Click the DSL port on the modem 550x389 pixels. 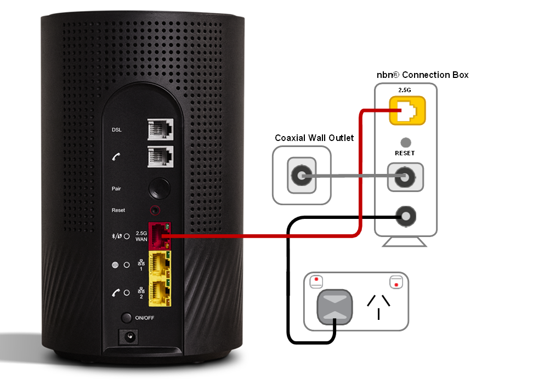(x=160, y=130)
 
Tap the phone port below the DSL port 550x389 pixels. (x=160, y=156)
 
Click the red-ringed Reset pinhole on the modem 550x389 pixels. (x=159, y=210)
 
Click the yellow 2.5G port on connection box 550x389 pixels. (x=407, y=111)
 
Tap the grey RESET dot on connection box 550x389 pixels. (x=406, y=143)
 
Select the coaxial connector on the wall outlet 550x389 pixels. (x=302, y=177)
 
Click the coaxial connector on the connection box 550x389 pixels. (x=406, y=177)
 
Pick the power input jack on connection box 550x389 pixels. (x=406, y=216)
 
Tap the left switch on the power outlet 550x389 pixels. (x=316, y=283)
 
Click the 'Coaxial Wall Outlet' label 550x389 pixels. (x=314, y=138)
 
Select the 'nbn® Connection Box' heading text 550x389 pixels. (x=421, y=75)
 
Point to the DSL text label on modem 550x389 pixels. (x=117, y=130)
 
